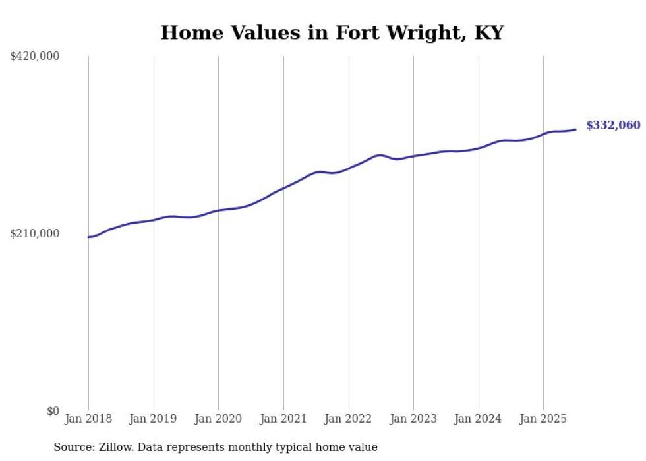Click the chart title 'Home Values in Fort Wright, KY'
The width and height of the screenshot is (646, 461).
[x=332, y=32]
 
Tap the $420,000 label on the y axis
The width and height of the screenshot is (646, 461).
[x=35, y=57]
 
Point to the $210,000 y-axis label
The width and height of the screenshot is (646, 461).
[x=35, y=233]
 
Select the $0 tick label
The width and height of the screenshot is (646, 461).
[x=53, y=411]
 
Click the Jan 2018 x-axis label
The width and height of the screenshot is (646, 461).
[x=88, y=419]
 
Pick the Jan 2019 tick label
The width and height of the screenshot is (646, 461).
[x=154, y=419]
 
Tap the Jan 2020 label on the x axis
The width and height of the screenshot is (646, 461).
[x=218, y=419]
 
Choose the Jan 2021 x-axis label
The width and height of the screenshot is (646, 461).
[x=283, y=419]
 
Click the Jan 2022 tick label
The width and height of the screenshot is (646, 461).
[x=349, y=419]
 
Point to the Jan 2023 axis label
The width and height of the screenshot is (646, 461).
[x=413, y=419]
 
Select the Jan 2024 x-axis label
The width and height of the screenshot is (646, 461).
[x=479, y=419]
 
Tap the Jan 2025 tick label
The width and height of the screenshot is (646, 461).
[x=543, y=419]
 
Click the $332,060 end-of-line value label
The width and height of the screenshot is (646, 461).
[x=612, y=125]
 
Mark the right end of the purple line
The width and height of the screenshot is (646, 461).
[x=575, y=129]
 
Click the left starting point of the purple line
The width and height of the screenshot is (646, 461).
[x=88, y=237]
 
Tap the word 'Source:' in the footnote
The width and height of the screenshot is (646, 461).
[x=73, y=447]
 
